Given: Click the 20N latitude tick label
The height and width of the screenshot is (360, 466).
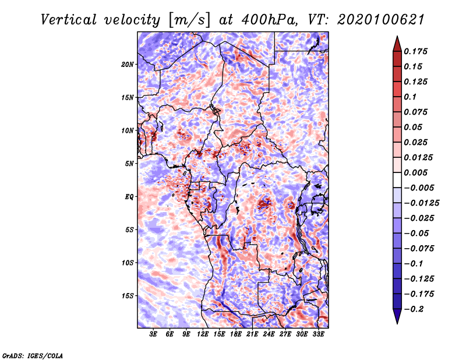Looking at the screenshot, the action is [x=128, y=65].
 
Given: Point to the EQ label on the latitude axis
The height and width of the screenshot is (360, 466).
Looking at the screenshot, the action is [x=129, y=197].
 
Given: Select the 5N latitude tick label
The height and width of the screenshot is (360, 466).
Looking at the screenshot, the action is [x=129, y=164].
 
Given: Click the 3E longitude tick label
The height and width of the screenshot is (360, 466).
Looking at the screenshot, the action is [x=153, y=334].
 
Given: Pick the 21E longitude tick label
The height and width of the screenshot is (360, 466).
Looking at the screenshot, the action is [x=252, y=334].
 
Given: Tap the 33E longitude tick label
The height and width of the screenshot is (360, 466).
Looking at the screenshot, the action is [x=318, y=334].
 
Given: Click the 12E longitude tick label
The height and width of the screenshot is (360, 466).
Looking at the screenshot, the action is [x=202, y=334].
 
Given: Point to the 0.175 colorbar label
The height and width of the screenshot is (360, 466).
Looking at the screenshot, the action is [x=415, y=51].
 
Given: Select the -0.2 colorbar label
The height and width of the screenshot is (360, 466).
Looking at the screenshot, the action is [x=414, y=309].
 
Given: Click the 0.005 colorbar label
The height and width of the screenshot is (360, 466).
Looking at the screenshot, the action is [x=415, y=172].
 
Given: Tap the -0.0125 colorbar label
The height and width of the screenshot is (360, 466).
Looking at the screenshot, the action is [x=421, y=203].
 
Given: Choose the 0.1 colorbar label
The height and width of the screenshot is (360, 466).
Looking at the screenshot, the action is [x=410, y=97].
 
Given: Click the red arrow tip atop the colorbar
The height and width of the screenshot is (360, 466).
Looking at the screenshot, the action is [x=397, y=37].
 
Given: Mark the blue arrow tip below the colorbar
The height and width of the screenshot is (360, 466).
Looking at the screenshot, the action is [x=397, y=323].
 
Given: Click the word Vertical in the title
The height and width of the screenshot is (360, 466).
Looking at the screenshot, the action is [x=69, y=20].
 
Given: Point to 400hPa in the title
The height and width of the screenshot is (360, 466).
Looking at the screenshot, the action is [x=269, y=20].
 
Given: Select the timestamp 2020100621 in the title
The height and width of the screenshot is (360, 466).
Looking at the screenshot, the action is [x=381, y=20].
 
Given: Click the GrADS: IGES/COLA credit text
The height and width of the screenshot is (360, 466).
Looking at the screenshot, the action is [x=33, y=355].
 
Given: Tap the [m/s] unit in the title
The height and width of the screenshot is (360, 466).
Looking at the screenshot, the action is [x=189, y=20].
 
